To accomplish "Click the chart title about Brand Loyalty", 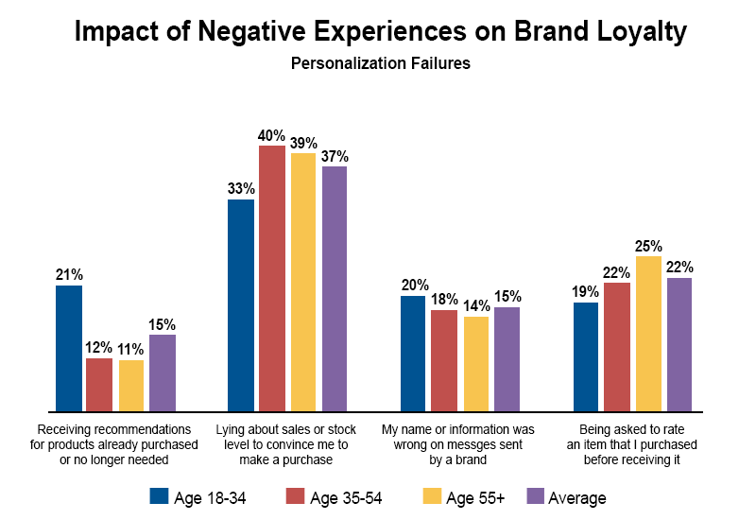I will [x=380, y=33].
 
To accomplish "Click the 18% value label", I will [x=445, y=299].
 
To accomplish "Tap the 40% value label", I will [x=272, y=134].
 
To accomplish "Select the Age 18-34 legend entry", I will [x=198, y=496].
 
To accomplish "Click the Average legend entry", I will [x=566, y=496].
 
